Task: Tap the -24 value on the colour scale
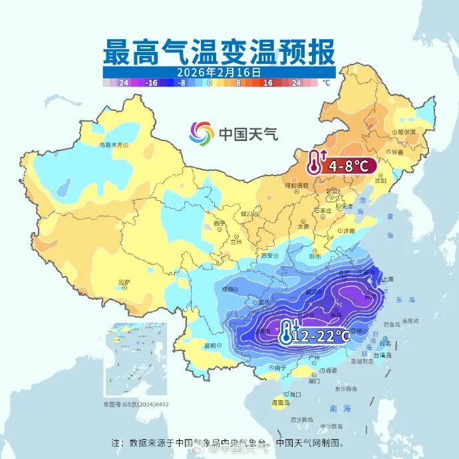click(122, 83)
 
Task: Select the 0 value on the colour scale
click(210, 83)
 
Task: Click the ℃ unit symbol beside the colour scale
click(326, 83)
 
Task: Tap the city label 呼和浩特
click(293, 186)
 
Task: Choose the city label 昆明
click(211, 345)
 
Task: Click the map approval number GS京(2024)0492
click(136, 404)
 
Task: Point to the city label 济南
click(349, 230)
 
